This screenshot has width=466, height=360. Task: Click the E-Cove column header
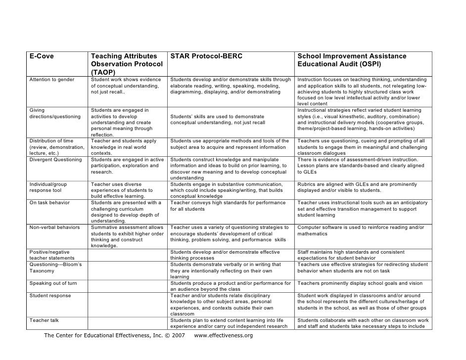pos(42,56)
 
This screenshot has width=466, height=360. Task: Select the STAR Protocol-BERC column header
pos(206,56)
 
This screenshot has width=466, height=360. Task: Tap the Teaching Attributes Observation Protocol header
pos(127,64)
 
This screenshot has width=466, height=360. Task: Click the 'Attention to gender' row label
pos(52,80)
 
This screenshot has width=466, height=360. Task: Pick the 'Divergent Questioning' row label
pos(55,160)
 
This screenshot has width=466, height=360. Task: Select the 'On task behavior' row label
pos(49,203)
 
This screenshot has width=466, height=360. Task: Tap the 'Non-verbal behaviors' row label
pos(54,227)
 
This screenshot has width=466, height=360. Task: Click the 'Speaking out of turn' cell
pos(53,283)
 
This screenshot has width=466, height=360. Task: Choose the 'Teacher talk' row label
pos(44,320)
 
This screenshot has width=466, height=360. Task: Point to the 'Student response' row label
pos(50,296)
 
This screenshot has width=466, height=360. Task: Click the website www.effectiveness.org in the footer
pos(224,336)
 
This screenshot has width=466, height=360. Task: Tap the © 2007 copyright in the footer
pos(175,336)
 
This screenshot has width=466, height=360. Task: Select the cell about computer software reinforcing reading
pos(361,230)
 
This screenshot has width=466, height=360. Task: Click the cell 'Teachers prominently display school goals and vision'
pos(360,283)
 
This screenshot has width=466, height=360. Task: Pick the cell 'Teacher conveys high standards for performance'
pos(228,206)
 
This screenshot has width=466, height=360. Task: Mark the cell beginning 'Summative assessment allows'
pos(127,236)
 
